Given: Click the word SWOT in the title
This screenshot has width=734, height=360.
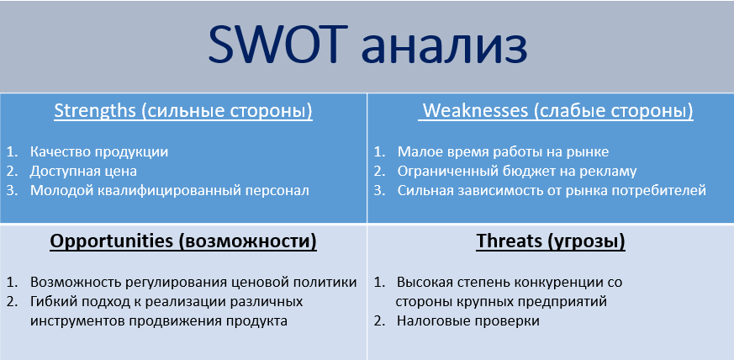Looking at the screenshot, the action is (x=278, y=44).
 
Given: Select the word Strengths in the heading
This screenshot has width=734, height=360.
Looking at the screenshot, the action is (x=93, y=111).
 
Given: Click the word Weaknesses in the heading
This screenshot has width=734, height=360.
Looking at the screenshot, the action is (x=476, y=111).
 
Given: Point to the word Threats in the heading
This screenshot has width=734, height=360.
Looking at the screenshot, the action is (x=508, y=241).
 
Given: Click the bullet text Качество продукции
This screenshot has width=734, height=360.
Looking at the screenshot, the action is (x=99, y=152).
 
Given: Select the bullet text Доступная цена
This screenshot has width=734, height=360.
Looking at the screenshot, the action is (x=83, y=172).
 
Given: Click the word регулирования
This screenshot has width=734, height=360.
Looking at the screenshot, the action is (x=177, y=283).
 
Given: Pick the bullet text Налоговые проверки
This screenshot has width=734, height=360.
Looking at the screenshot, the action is (x=468, y=321).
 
